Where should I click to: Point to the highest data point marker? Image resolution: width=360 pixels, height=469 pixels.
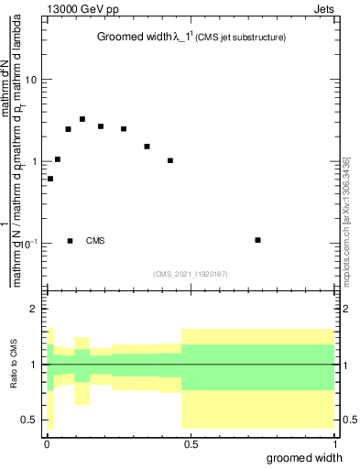pos(82,119)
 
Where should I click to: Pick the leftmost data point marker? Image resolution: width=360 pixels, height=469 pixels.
pos(50,179)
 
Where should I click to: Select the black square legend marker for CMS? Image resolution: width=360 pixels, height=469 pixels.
pos(70,241)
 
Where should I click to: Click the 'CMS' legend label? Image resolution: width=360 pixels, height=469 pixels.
pos(95,241)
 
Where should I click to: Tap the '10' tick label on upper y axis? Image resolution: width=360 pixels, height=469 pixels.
pos(31,80)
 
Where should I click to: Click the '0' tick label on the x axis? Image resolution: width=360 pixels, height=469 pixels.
pos(46,444)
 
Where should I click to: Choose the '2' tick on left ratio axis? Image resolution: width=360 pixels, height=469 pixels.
pos(35,309)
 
